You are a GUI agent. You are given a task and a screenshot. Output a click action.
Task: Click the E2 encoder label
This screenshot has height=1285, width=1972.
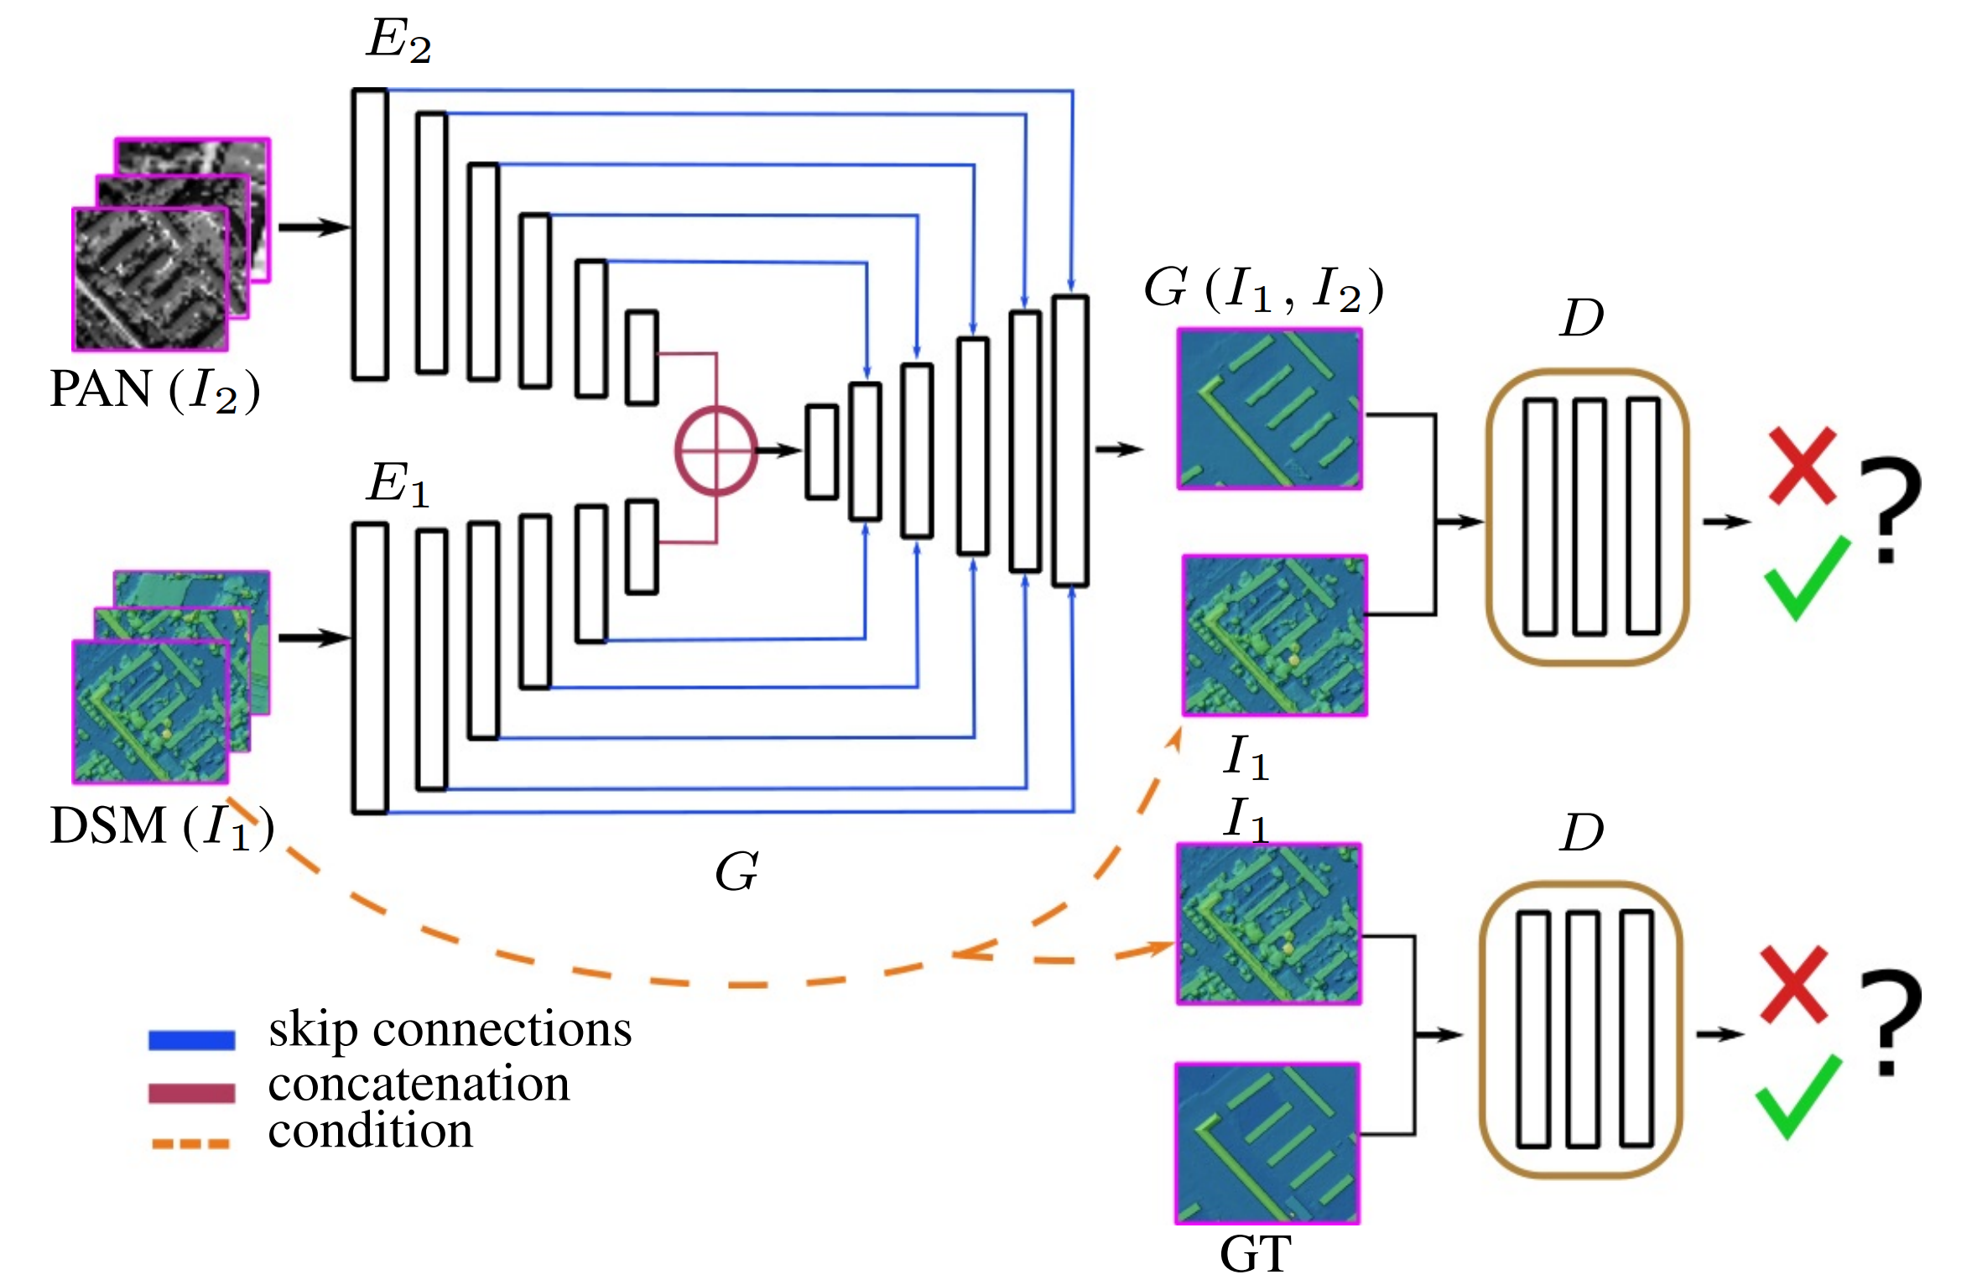tap(399, 40)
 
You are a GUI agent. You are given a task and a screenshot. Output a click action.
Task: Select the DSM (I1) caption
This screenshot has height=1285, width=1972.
tap(161, 826)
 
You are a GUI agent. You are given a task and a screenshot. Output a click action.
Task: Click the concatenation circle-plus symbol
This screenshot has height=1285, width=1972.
tap(715, 450)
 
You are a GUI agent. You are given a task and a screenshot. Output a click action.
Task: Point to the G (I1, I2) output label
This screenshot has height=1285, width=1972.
tap(1263, 289)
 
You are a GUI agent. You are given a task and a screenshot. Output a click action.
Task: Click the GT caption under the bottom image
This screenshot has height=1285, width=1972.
tap(1256, 1255)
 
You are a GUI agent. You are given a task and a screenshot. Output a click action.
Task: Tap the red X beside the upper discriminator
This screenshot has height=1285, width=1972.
tap(1802, 466)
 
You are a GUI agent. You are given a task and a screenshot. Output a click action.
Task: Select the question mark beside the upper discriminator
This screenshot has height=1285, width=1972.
tap(1890, 507)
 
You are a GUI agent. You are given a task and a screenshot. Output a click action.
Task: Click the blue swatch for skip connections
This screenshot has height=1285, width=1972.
tap(191, 1039)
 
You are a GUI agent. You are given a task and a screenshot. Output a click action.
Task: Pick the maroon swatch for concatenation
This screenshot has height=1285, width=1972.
tap(191, 1092)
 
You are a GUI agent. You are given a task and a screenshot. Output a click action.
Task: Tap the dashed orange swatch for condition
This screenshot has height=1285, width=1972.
tap(191, 1143)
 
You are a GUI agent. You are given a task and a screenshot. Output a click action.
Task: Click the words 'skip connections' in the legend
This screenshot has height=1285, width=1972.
tap(450, 1030)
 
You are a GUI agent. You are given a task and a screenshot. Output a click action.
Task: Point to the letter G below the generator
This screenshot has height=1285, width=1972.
tap(736, 872)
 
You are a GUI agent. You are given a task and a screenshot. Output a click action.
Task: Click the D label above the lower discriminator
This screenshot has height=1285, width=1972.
tap(1581, 832)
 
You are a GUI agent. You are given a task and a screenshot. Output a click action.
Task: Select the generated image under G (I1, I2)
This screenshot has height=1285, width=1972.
tap(1270, 408)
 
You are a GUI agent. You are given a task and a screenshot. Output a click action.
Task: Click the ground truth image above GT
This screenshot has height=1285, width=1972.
tap(1267, 1143)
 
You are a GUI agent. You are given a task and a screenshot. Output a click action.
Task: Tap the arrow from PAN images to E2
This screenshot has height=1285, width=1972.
tap(313, 227)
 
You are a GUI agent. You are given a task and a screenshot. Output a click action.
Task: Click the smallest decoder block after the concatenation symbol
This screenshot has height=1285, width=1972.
tap(821, 452)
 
